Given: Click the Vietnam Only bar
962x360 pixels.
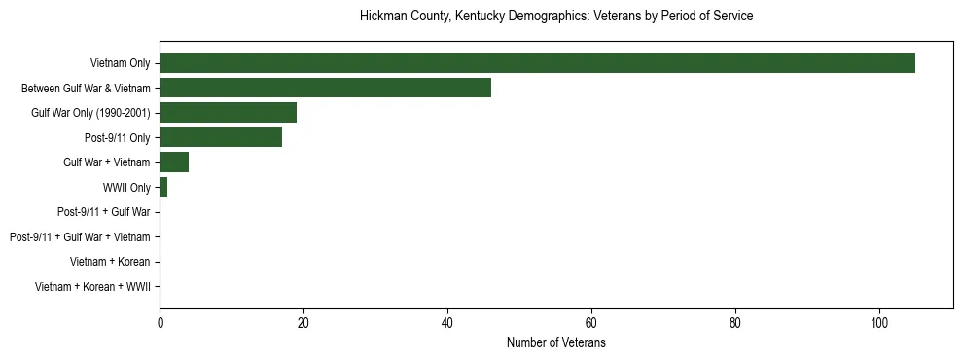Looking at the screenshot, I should [537, 63].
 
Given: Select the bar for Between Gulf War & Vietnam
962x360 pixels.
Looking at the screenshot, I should [325, 88].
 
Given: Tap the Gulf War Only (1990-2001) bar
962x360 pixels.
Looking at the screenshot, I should [228, 112].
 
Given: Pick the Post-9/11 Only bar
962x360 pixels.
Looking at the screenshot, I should [221, 137].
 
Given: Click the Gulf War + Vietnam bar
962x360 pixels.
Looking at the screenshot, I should [174, 162].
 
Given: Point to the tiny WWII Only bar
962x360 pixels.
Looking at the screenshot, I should [163, 187].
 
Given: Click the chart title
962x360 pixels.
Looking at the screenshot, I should [556, 17].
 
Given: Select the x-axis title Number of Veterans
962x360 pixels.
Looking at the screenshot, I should [556, 343].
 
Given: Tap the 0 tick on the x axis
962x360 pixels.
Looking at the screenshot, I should [160, 323].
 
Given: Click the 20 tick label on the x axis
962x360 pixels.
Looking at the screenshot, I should [303, 323].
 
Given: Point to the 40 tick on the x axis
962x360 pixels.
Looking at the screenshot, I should [447, 323].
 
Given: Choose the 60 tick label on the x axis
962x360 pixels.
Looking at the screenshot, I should [591, 323].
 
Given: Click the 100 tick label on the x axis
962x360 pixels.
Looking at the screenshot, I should [879, 323].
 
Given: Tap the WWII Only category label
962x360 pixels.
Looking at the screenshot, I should [125, 187].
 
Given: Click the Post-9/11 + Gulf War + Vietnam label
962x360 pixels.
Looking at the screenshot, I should [80, 236].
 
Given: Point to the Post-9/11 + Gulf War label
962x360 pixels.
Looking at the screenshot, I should [104, 211].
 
